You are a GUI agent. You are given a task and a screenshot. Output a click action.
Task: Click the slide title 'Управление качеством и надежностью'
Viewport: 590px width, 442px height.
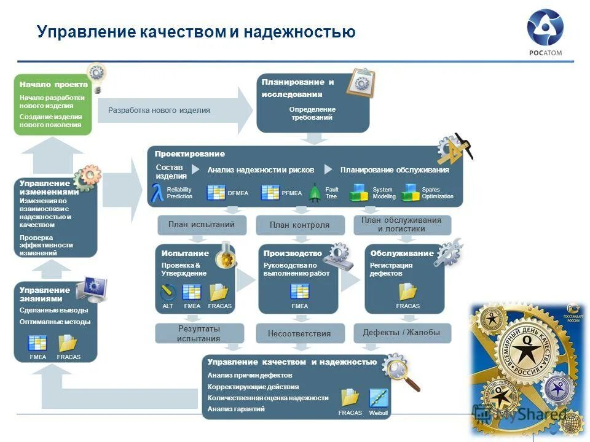pyautogui.click(x=196, y=32)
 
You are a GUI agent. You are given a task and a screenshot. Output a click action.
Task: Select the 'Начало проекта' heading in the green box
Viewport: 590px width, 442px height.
pyautogui.click(x=53, y=85)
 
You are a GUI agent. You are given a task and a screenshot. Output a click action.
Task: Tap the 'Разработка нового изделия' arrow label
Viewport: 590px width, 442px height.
pyautogui.click(x=159, y=110)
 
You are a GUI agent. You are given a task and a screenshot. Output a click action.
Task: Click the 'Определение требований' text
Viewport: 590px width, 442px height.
pyautogui.click(x=312, y=113)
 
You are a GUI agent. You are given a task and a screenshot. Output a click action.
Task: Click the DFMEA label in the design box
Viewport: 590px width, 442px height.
pyautogui.click(x=238, y=193)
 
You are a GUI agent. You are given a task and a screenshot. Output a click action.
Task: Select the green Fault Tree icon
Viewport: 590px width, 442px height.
pyautogui.click(x=315, y=193)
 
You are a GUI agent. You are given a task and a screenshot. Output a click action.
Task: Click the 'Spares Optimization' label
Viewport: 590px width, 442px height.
pyautogui.click(x=437, y=193)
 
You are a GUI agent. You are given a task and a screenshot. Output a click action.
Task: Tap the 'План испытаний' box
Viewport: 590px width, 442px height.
pyautogui.click(x=202, y=225)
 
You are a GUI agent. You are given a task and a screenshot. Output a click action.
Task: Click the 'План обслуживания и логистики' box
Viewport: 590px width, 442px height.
pyautogui.click(x=401, y=225)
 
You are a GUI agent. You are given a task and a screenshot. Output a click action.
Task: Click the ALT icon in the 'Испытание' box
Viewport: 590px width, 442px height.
pyautogui.click(x=168, y=292)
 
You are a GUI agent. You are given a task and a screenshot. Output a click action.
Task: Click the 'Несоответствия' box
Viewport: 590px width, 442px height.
pyautogui.click(x=299, y=334)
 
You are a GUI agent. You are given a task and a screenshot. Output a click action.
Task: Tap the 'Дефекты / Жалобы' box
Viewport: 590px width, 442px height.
pyautogui.click(x=401, y=333)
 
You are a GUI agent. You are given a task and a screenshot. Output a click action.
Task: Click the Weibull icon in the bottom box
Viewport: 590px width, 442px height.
pyautogui.click(x=379, y=398)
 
